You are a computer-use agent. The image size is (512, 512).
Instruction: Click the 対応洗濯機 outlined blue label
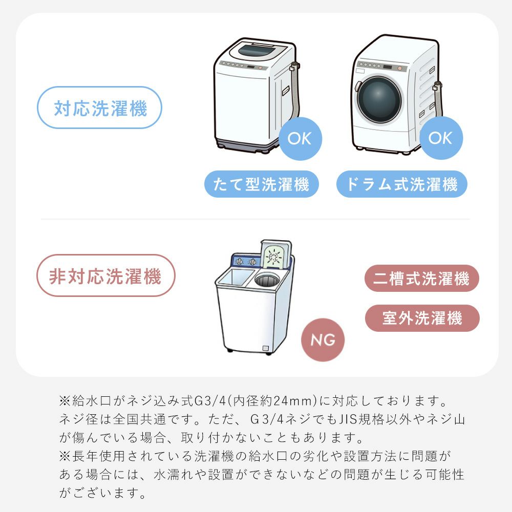point(100,108)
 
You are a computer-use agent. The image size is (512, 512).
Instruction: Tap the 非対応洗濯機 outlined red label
point(106,275)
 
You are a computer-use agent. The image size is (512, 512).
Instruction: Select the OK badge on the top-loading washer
point(300,138)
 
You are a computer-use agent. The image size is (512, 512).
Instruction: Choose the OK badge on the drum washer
point(441,138)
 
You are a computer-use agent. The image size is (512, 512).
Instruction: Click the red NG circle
point(323,339)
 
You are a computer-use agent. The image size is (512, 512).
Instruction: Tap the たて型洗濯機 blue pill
point(262,184)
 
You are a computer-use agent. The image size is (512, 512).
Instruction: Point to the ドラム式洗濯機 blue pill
point(401,184)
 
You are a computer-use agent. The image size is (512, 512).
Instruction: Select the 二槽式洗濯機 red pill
point(421,278)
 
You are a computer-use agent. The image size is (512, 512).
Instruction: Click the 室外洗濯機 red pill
point(422,318)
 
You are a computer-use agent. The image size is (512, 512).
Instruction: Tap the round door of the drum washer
point(379,100)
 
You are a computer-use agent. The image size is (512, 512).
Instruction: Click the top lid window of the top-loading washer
point(257,51)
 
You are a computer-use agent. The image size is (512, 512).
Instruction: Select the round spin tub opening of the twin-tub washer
point(267,280)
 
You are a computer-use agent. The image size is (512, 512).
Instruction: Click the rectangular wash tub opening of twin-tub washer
point(236,278)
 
